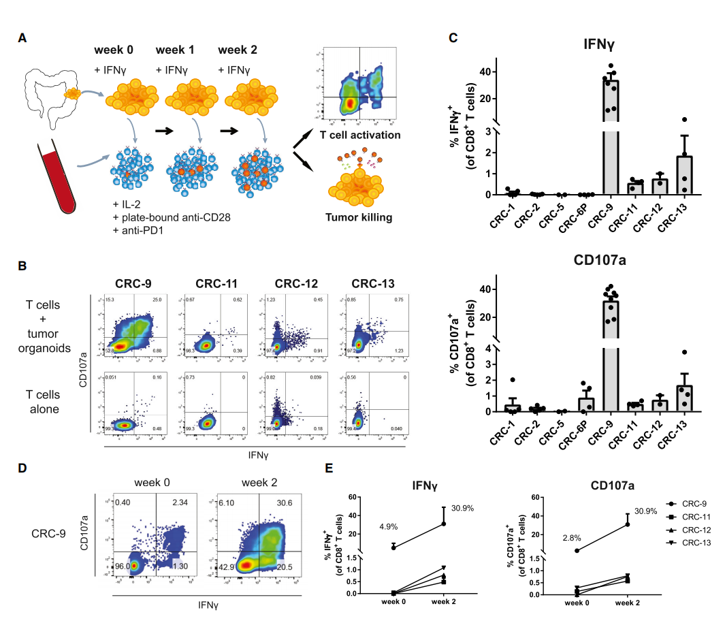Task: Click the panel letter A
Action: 23,39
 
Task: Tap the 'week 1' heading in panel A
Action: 175,50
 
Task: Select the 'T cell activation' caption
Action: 360,135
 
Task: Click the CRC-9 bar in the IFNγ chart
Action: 611,136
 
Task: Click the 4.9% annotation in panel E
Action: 389,526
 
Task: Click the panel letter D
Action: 23,469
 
